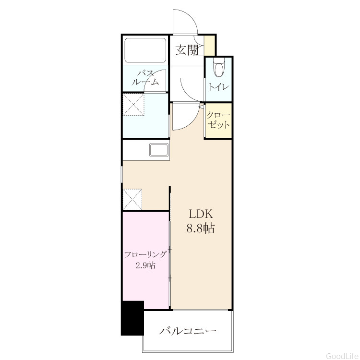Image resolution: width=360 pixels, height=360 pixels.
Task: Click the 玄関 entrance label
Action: (187, 50)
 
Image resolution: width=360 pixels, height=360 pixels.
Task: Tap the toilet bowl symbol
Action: (218, 68)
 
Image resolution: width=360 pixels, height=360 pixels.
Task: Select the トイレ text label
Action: (218, 87)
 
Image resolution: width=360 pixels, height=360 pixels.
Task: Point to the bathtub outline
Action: (145, 50)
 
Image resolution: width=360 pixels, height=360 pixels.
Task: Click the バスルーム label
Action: (145, 78)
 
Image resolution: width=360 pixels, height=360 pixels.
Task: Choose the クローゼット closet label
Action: (218, 120)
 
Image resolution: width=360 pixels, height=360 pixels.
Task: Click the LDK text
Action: (201, 214)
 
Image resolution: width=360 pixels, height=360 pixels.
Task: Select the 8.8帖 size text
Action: (201, 228)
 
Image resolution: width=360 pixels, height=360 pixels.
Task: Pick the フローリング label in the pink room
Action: (145, 254)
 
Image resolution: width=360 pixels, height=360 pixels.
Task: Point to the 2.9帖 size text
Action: (145, 265)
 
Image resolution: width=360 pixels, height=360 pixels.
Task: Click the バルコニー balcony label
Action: (188, 331)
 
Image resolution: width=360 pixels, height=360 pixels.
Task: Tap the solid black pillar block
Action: (132, 318)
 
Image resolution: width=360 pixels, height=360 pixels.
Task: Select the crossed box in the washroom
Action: (133, 105)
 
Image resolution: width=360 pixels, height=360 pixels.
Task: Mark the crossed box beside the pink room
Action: (132, 199)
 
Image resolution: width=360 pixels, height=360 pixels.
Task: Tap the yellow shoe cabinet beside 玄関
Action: (209, 46)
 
